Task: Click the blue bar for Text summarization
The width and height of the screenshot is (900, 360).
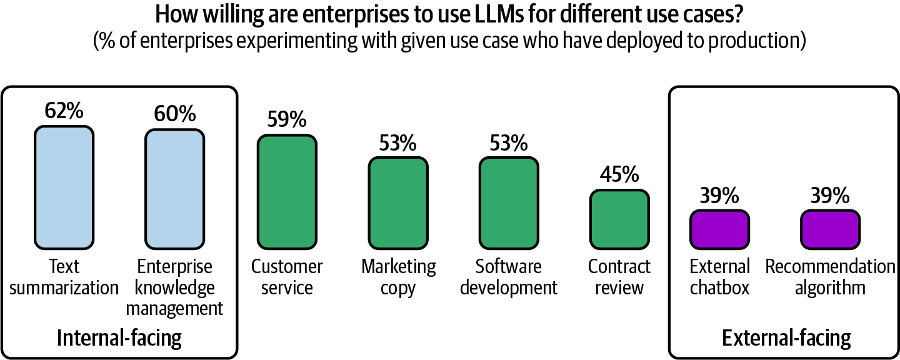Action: (x=64, y=187)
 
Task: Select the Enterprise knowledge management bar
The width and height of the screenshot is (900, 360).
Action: (x=175, y=188)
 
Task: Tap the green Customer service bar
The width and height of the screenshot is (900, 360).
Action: (x=286, y=191)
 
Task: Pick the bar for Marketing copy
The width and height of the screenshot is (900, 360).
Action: (x=397, y=202)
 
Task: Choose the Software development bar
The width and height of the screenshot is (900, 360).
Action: (x=509, y=202)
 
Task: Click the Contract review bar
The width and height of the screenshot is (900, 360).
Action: (x=619, y=218)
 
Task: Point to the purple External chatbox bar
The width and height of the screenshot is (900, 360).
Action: (x=719, y=229)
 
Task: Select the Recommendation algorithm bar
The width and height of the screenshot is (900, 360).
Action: (x=830, y=229)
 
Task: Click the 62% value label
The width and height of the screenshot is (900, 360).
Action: (x=64, y=111)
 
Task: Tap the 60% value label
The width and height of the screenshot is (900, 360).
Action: (x=175, y=114)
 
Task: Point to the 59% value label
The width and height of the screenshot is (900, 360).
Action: (x=286, y=119)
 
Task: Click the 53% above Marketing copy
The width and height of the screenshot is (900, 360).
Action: (x=397, y=142)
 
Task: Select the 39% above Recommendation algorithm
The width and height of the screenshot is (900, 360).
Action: (x=830, y=196)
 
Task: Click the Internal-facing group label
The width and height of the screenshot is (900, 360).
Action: (x=119, y=338)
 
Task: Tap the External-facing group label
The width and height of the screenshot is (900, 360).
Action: (x=786, y=338)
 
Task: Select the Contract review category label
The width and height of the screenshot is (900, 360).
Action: (x=619, y=277)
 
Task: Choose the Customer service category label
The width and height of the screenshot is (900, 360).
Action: (x=287, y=277)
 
